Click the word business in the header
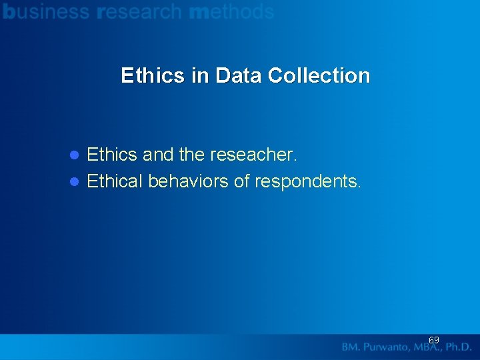coord(46,11)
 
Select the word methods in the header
coord(231,11)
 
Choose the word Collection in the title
coord(319,75)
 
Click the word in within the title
coord(199,75)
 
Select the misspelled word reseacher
coord(253,155)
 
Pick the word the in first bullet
coord(191,155)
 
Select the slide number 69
coord(434,340)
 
